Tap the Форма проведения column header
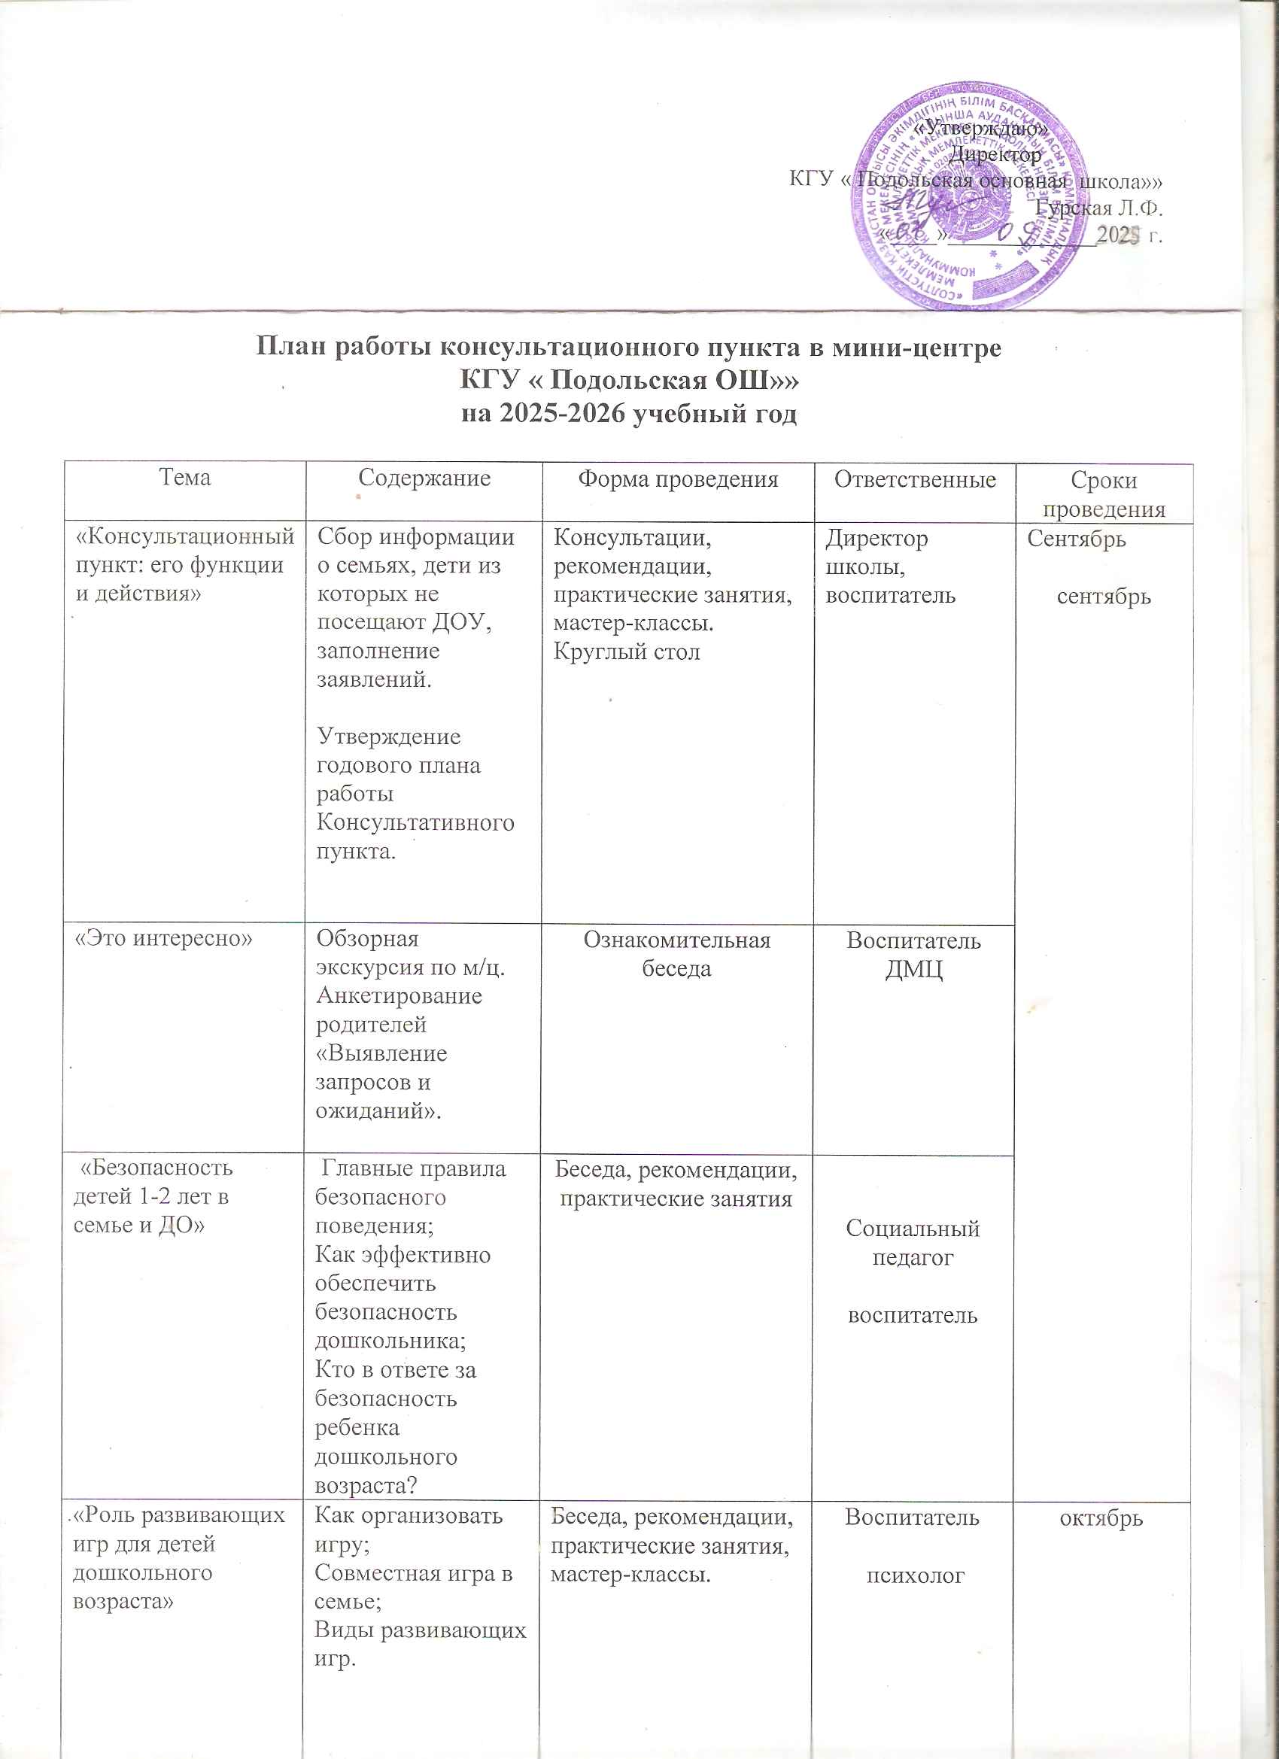[x=678, y=478]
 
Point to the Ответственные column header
[x=914, y=479]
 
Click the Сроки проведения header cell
[x=1103, y=494]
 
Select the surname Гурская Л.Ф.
[x=1099, y=208]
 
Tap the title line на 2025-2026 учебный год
[x=629, y=414]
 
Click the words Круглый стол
[x=626, y=652]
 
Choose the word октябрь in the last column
[x=1101, y=1517]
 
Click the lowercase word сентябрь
[x=1103, y=597]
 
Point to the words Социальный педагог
[x=913, y=1242]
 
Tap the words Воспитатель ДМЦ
[x=913, y=955]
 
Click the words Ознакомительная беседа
[x=676, y=955]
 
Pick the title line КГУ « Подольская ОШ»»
[x=629, y=381]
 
